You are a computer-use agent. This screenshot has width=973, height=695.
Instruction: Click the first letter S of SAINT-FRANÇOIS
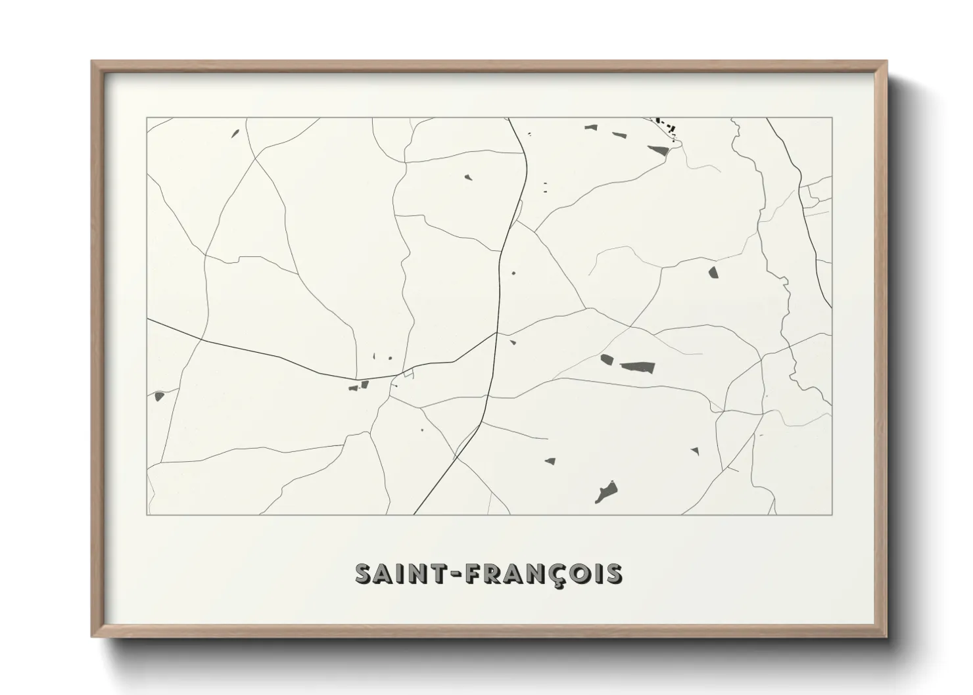[364, 573]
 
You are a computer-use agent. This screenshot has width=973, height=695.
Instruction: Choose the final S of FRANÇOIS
[613, 573]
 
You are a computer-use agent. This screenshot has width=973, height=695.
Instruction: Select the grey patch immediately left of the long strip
[606, 359]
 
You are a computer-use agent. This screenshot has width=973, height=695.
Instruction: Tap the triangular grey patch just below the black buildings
[658, 150]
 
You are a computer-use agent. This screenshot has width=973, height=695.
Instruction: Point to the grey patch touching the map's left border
[158, 396]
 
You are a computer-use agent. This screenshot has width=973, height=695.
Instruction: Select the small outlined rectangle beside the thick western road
[409, 374]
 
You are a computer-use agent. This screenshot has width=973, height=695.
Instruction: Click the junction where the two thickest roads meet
[496, 334]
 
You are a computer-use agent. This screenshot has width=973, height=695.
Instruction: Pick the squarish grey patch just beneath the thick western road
[364, 384]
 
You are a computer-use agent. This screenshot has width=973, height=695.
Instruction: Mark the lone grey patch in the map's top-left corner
[235, 133]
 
